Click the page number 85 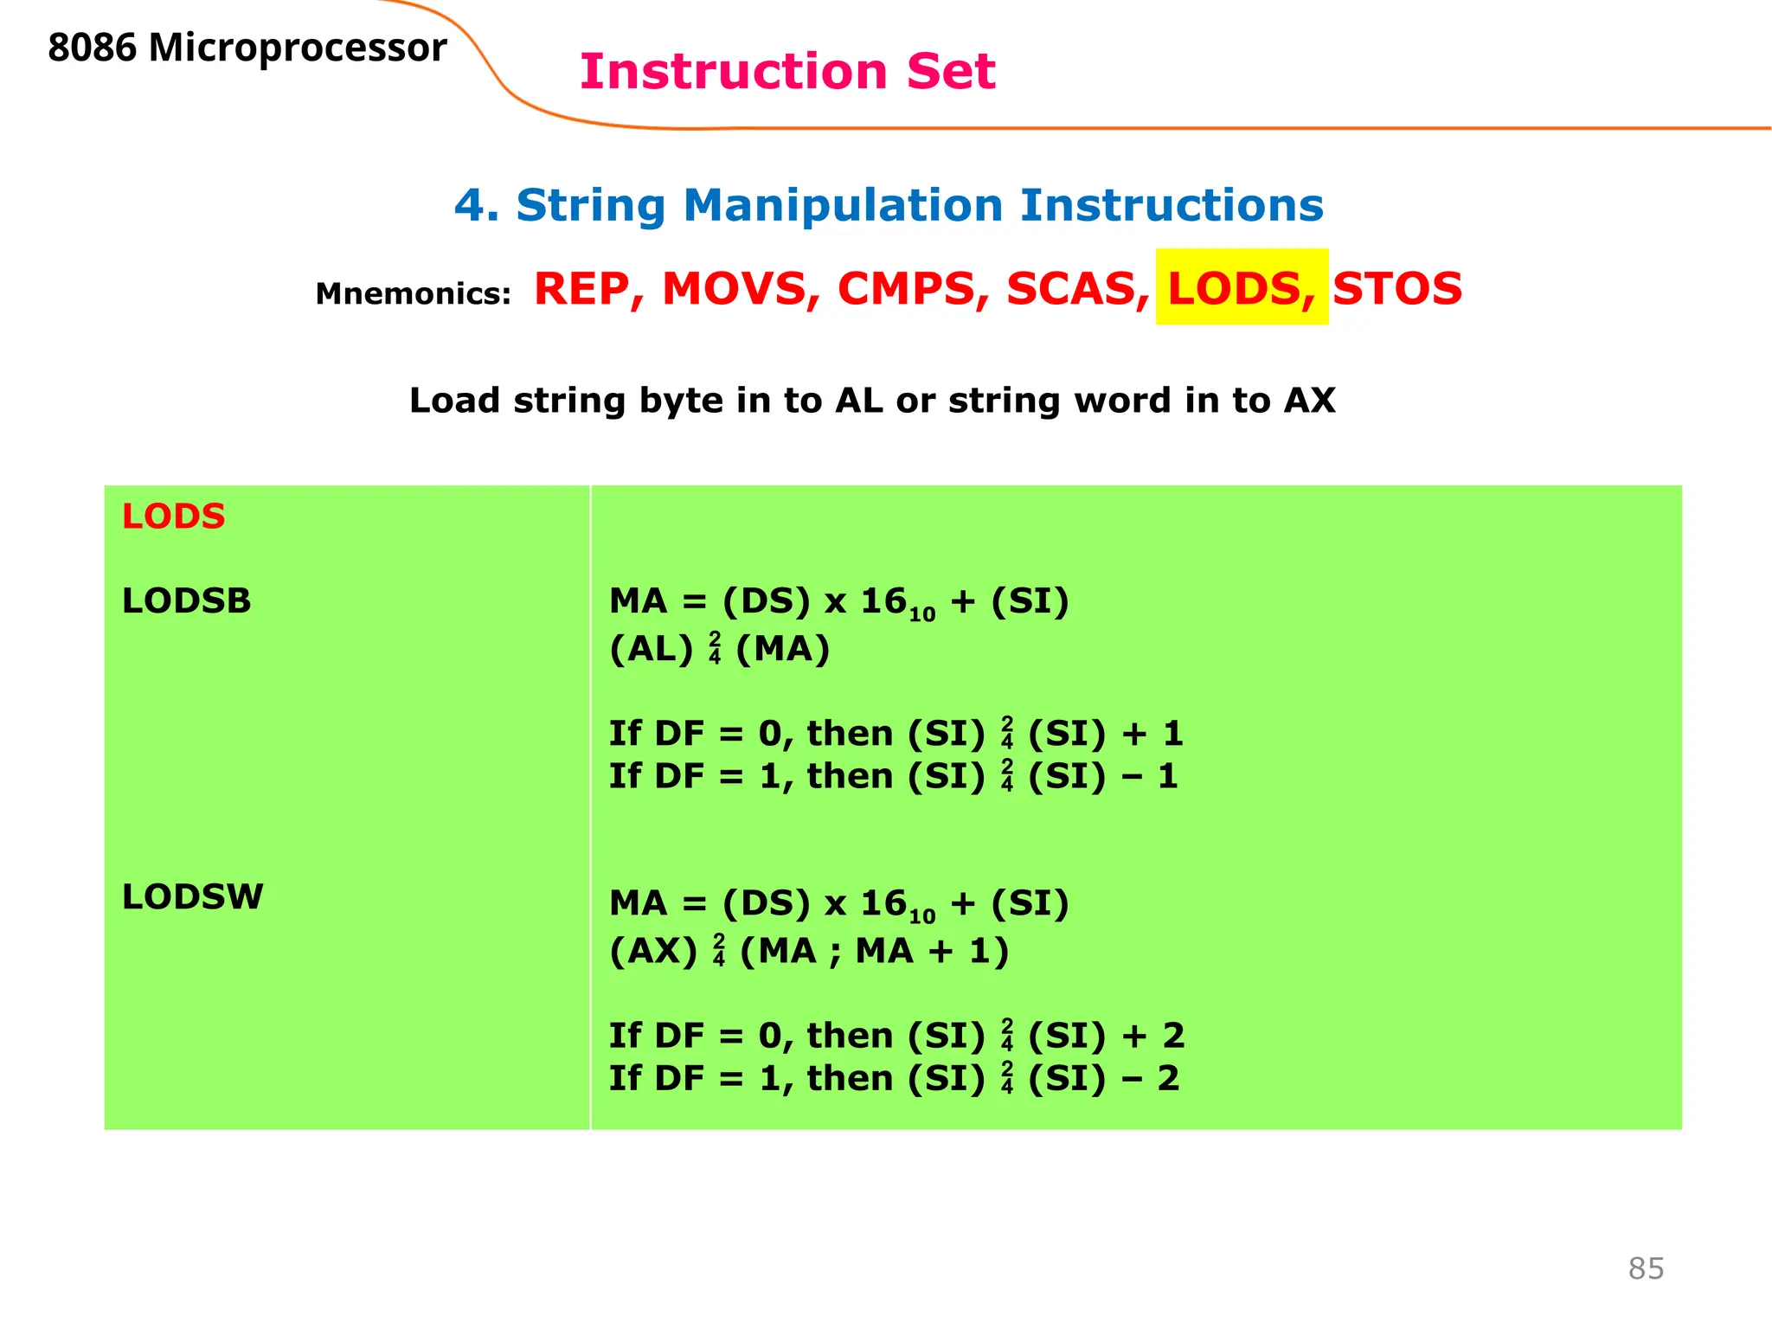pos(1646,1268)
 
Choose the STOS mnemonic pos(1397,288)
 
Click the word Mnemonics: pos(414,294)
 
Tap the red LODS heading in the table pos(174,517)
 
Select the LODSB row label pos(187,600)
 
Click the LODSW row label pos(193,897)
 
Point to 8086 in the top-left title pos(93,48)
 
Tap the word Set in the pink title pos(951,71)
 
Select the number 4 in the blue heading pos(470,206)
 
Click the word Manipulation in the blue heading pos(842,206)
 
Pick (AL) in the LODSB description pos(652,649)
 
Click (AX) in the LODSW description pos(653,951)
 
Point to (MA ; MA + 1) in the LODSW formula pos(875,951)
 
